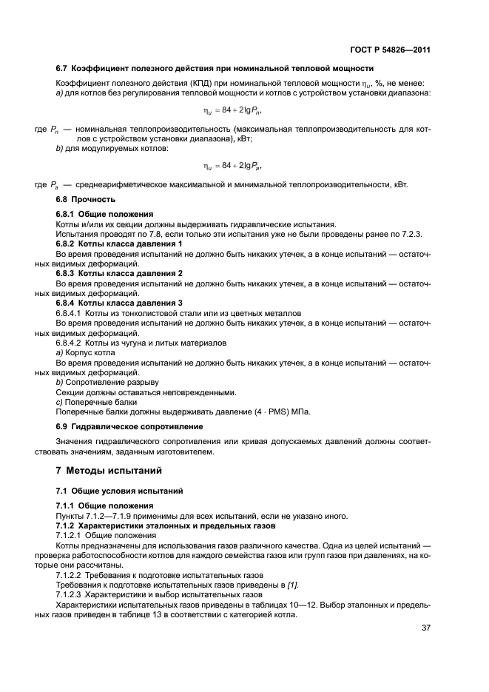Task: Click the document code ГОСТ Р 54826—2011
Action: (x=390, y=50)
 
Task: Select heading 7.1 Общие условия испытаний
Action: (x=113, y=491)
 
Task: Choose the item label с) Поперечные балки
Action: (x=92, y=402)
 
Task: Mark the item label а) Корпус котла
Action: (x=85, y=352)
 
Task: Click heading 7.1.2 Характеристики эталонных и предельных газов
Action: (x=166, y=525)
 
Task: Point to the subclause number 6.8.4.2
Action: (x=72, y=343)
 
